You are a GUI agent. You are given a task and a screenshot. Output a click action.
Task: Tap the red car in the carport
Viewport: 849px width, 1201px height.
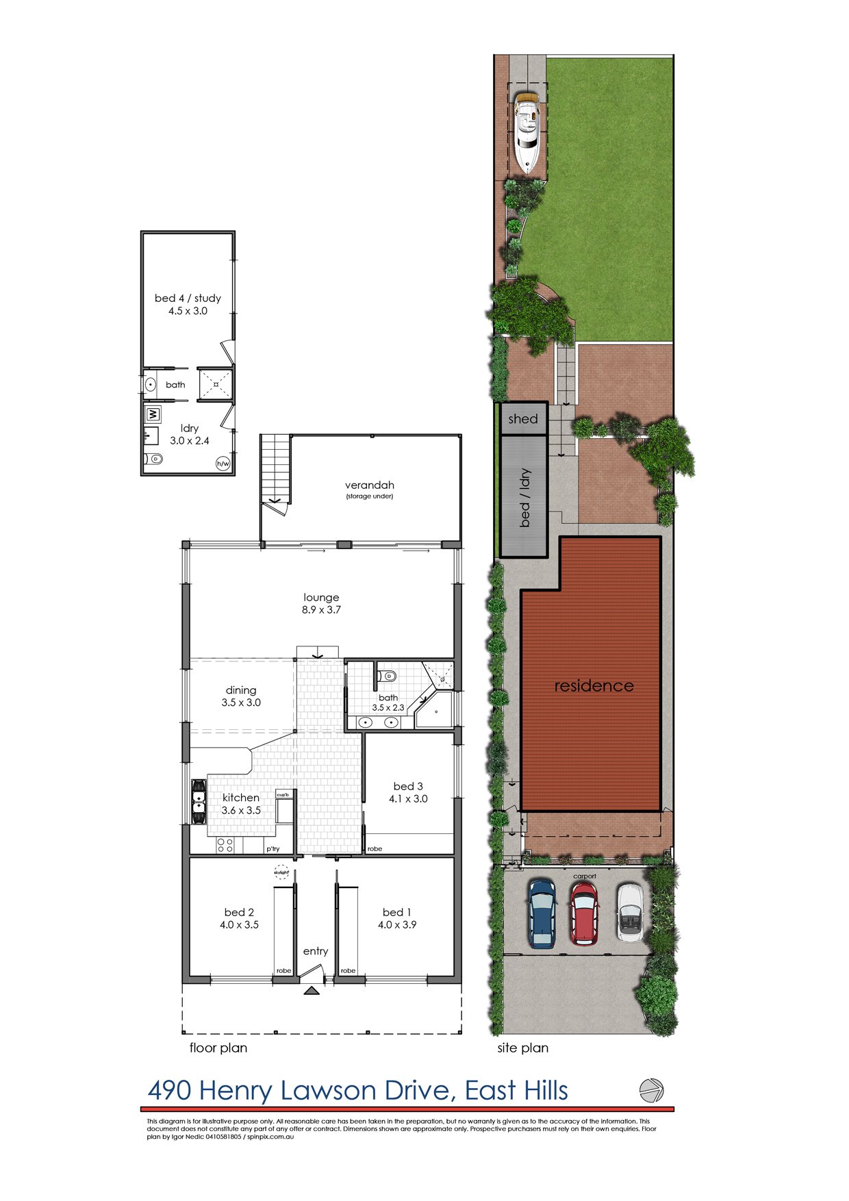tap(584, 913)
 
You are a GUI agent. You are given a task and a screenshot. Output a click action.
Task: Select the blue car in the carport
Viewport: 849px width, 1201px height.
tap(542, 913)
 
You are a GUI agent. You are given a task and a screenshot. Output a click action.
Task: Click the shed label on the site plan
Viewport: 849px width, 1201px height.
tap(523, 419)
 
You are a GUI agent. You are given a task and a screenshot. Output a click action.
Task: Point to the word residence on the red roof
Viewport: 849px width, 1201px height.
tap(594, 686)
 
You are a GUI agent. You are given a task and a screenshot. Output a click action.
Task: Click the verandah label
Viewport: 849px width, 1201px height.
tap(370, 485)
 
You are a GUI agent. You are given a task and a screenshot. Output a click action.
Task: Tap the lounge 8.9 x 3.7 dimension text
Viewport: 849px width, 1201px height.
tap(322, 609)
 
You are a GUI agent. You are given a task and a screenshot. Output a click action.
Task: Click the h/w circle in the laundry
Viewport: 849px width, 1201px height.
tap(223, 464)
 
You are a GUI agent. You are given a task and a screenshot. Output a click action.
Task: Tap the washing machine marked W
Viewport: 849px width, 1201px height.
tap(153, 414)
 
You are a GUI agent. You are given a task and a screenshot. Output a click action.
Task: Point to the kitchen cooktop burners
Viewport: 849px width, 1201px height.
tap(225, 846)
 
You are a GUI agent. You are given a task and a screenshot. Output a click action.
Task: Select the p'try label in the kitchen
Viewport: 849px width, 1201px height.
tap(273, 849)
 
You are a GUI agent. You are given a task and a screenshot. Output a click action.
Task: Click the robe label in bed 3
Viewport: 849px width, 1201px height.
tap(375, 849)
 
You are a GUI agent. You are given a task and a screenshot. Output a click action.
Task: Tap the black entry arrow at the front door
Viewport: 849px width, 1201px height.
tap(312, 990)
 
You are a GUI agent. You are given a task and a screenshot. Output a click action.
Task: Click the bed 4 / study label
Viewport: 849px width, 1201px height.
tap(188, 299)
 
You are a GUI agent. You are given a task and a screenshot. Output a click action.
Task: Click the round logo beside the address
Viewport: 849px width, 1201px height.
tap(651, 1089)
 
